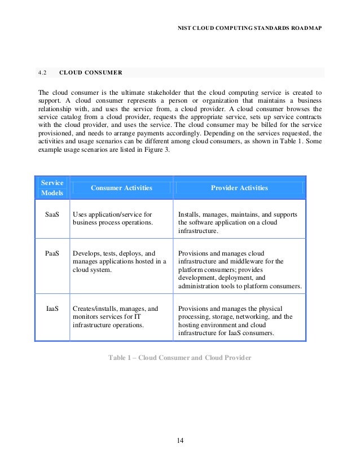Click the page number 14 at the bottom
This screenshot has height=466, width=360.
click(x=180, y=440)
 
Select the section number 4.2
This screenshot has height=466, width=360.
click(x=42, y=73)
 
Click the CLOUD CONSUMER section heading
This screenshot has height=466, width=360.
click(x=90, y=73)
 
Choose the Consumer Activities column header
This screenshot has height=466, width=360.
click(x=121, y=188)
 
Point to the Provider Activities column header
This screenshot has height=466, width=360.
click(x=239, y=188)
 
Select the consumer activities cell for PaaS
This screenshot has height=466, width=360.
click(x=119, y=261)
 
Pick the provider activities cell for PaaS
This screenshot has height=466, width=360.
click(x=239, y=270)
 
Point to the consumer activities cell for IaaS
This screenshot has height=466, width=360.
click(x=116, y=316)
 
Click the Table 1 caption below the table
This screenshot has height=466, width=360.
click(x=179, y=358)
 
